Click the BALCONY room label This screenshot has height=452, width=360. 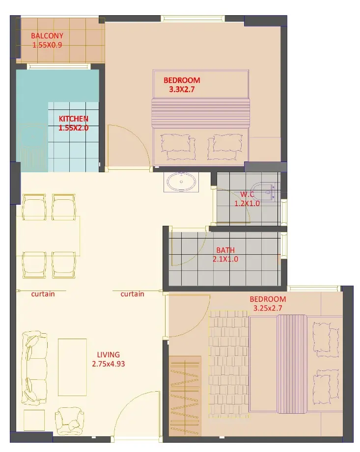[x=47, y=35]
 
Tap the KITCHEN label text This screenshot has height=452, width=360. [x=74, y=119]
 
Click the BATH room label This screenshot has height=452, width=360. [x=225, y=250]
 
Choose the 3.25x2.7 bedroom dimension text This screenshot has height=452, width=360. [x=268, y=308]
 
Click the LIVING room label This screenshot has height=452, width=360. [x=108, y=354]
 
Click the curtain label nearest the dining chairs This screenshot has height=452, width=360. [x=43, y=294]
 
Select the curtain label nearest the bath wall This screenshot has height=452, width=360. [x=133, y=294]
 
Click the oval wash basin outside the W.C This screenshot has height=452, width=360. [x=182, y=182]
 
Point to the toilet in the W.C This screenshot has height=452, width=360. [x=265, y=191]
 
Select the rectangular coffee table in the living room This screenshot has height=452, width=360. [x=72, y=367]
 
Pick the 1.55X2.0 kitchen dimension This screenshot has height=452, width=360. [x=74, y=128]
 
